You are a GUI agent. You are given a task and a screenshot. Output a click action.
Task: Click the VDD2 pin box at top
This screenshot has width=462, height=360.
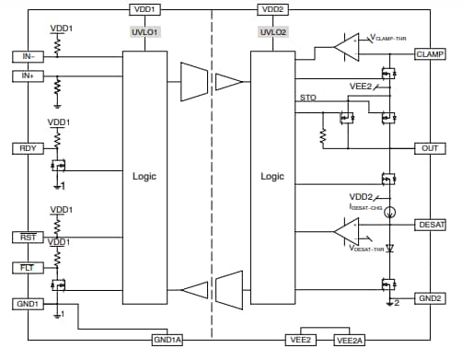(x=272, y=9)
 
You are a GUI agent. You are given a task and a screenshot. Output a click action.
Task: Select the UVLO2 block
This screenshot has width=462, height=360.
(x=272, y=31)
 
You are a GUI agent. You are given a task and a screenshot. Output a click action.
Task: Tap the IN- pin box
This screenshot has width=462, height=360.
(x=28, y=56)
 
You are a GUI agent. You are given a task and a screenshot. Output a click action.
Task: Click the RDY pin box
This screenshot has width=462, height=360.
(x=28, y=148)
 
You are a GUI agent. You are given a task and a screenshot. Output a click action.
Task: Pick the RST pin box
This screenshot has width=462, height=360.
(x=28, y=238)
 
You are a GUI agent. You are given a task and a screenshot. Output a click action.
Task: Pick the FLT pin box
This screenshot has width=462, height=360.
(x=28, y=268)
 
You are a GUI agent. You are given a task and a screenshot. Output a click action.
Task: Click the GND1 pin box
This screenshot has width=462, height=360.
(x=28, y=301)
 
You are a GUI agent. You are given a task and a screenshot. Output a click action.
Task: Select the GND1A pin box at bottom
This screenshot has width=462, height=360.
(x=167, y=340)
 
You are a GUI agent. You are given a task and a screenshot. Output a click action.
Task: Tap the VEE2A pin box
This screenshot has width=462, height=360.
(x=350, y=340)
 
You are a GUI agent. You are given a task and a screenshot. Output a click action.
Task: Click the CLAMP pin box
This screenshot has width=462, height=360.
(x=431, y=54)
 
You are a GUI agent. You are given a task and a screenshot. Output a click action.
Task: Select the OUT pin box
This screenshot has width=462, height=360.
(x=431, y=148)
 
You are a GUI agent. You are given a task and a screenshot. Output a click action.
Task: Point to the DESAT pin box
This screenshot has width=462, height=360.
(x=431, y=224)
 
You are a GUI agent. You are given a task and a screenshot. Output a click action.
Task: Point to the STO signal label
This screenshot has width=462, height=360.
(x=307, y=97)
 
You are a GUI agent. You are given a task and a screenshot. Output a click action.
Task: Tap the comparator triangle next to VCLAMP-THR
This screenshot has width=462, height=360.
(x=348, y=42)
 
